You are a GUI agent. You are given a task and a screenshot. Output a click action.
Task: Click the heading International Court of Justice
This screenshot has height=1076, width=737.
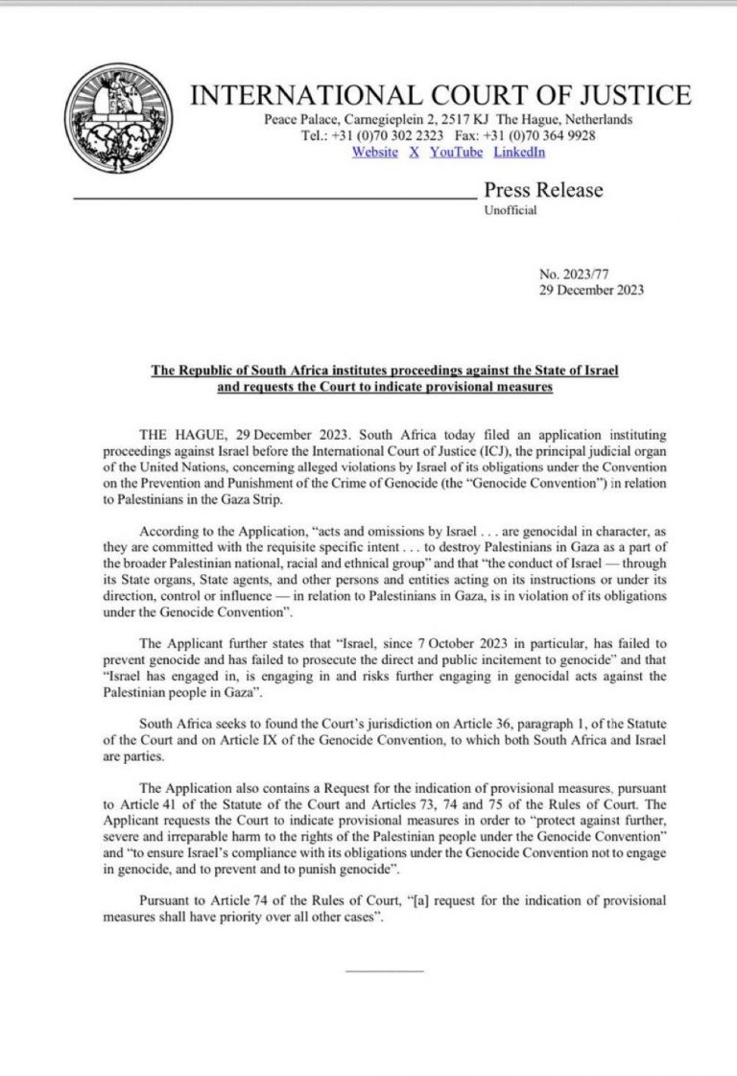[x=440, y=95]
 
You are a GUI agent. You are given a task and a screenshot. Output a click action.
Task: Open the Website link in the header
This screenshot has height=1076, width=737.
[x=374, y=152]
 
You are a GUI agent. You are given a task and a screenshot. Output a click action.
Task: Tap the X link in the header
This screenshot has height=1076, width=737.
[x=414, y=152]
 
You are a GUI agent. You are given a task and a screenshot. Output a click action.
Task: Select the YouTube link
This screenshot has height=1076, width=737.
[x=456, y=152]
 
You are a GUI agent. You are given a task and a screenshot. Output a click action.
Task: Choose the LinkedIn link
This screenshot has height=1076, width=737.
[x=519, y=152]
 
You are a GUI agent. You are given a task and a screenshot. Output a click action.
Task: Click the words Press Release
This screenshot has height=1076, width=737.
[x=543, y=190]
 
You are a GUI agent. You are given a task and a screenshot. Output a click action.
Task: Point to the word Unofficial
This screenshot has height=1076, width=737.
[x=511, y=211]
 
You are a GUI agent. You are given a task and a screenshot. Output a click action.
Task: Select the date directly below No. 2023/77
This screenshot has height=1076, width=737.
[x=592, y=290]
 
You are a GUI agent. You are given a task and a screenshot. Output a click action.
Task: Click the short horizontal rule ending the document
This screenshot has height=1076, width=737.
[x=384, y=970]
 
